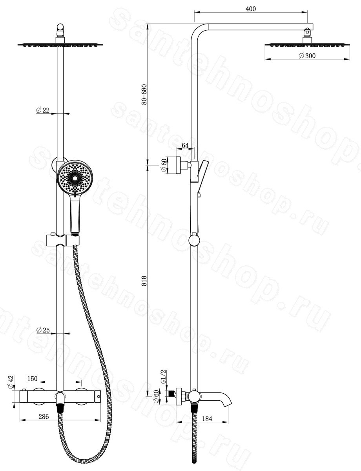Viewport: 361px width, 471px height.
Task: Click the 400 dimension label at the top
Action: pyautogui.click(x=251, y=9)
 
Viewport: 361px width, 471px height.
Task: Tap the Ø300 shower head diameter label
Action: pyautogui.click(x=307, y=56)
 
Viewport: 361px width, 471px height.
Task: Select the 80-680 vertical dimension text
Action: pyautogui.click(x=144, y=95)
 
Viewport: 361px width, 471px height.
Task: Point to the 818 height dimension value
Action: pyautogui.click(x=144, y=281)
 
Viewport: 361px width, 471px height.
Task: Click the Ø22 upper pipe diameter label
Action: pyautogui.click(x=43, y=110)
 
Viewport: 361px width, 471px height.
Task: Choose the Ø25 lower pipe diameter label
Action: pyautogui.click(x=43, y=330)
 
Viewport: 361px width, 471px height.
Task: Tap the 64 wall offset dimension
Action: pyautogui.click(x=185, y=145)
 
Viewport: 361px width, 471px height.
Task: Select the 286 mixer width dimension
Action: pyautogui.click(x=44, y=416)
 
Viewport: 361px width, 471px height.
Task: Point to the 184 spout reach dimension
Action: pyautogui.click(x=207, y=419)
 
